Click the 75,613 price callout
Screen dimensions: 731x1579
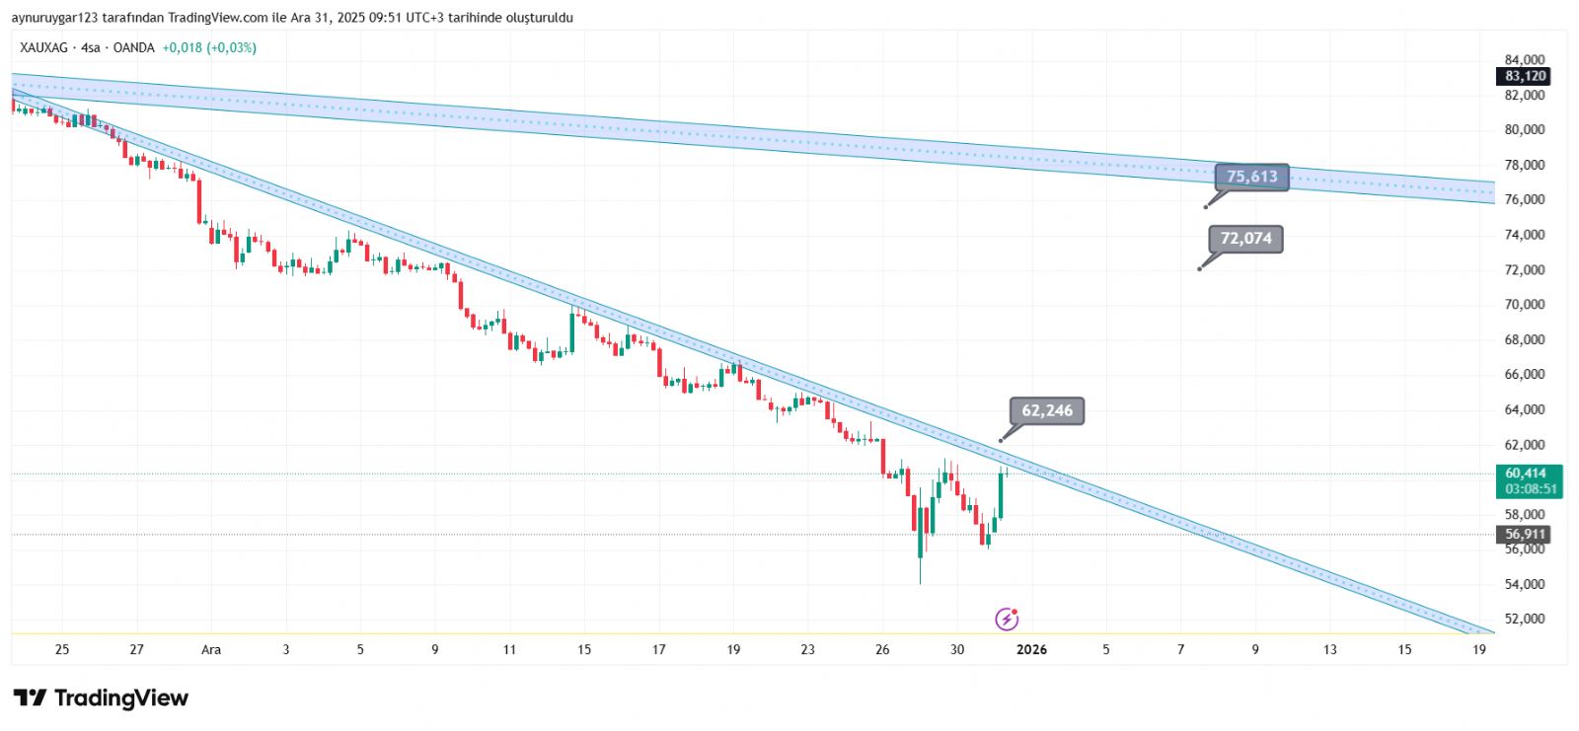coord(1251,177)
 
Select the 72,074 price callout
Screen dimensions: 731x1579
coord(1245,239)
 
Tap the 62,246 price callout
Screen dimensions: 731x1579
coord(1046,411)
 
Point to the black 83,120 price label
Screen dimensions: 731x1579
coord(1525,76)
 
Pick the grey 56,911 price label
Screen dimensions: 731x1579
coord(1525,535)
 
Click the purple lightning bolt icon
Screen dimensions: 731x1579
coord(1006,620)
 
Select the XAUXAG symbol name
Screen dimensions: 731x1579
coord(43,47)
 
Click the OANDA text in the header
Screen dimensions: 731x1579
coord(134,47)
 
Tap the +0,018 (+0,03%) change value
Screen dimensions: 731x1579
coord(209,47)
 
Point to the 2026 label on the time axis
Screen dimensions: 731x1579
coord(1031,649)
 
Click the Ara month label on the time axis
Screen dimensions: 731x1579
coord(211,649)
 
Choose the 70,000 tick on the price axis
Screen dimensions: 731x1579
coord(1525,305)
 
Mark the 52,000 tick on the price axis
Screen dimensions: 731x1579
coord(1525,620)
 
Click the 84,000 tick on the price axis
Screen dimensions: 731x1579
coord(1525,60)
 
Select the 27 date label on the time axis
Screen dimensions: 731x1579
coord(136,649)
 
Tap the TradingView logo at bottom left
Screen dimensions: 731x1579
coord(101,698)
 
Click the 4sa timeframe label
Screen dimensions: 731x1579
coord(91,47)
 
